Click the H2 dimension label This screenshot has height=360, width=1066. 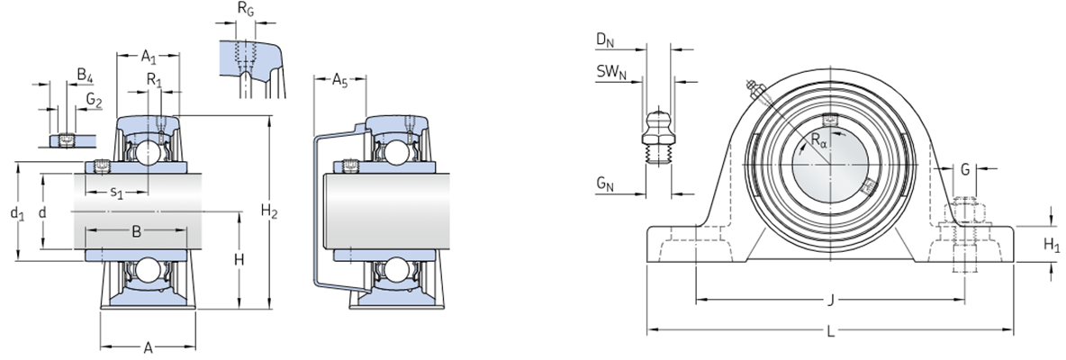268,212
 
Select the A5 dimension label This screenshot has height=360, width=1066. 339,82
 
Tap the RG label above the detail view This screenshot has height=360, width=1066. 245,10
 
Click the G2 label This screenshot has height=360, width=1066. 94,98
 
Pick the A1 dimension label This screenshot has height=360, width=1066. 150,56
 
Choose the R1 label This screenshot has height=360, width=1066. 154,79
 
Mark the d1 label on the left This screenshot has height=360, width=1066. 14,213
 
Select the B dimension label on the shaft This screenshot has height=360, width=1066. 136,231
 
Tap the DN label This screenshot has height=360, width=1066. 603,40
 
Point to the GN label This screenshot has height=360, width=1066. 603,185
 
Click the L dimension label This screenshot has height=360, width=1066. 830,332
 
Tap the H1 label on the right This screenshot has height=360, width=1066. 1052,244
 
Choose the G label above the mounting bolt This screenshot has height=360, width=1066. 964,168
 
